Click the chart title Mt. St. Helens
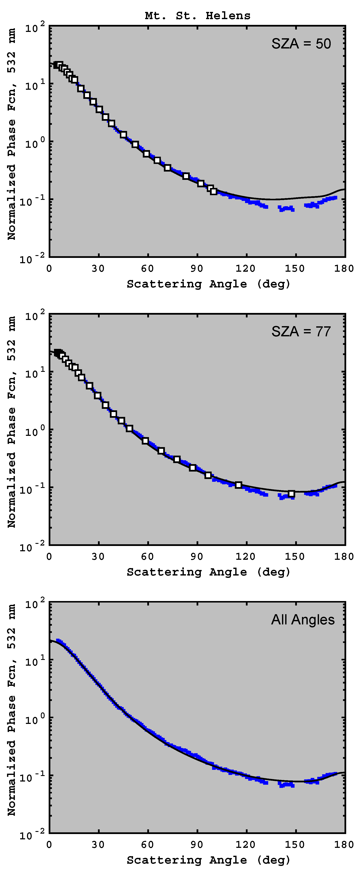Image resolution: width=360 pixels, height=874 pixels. click(x=197, y=16)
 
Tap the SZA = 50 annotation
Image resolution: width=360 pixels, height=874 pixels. click(x=301, y=44)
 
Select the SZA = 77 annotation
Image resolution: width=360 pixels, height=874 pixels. click(x=301, y=331)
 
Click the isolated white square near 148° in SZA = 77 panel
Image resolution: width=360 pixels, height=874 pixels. click(x=291, y=494)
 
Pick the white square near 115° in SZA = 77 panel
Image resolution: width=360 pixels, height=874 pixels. click(x=238, y=485)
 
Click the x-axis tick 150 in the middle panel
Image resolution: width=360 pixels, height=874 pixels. click(x=295, y=556)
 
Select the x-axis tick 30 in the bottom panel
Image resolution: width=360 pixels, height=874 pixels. click(x=98, y=844)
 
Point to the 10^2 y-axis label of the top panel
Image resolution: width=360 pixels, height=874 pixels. click(x=35, y=27)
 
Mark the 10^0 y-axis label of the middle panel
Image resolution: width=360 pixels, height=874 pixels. click(x=35, y=431)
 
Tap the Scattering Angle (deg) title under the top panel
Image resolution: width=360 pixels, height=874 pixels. click(x=208, y=284)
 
